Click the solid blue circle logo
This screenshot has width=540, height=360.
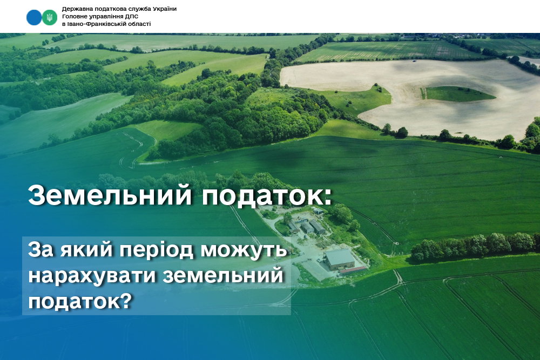click(x=34, y=18)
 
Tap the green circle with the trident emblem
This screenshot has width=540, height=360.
click(x=50, y=18)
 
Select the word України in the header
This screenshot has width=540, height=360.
click(x=165, y=9)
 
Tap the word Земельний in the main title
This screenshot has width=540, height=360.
click(x=110, y=195)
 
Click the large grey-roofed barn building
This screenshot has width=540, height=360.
click(x=340, y=260)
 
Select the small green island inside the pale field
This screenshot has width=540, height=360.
click(x=458, y=93)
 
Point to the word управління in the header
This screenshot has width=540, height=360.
click(x=106, y=17)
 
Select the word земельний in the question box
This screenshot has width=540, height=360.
click(x=223, y=276)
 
